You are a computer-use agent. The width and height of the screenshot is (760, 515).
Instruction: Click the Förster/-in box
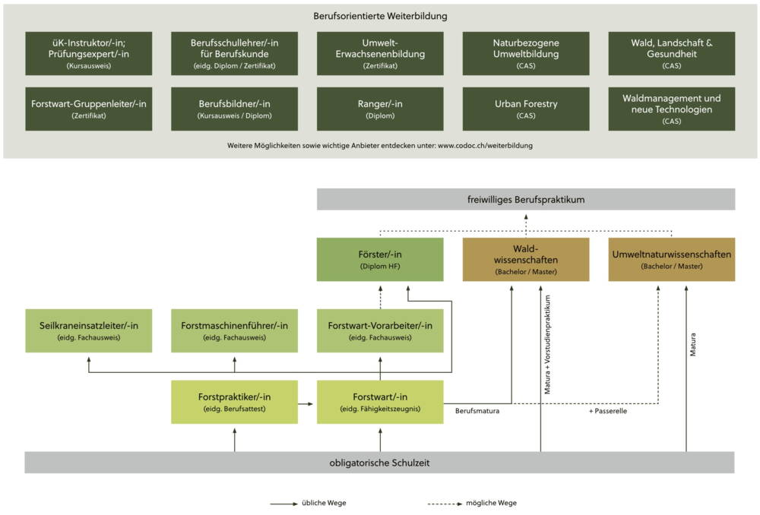pyautogui.click(x=380, y=260)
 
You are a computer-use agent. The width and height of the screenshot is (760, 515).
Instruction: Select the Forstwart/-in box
pyautogui.click(x=380, y=403)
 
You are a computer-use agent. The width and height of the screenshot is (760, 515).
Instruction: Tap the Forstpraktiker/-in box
pyautogui.click(x=234, y=403)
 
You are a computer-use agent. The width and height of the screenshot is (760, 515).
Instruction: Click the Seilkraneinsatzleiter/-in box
pyautogui.click(x=88, y=331)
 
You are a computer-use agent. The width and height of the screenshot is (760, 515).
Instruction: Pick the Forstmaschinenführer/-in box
pyautogui.click(x=234, y=331)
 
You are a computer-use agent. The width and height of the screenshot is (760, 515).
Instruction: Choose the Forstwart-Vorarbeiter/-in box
pyautogui.click(x=380, y=331)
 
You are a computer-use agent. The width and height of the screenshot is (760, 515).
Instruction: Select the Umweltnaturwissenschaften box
pyautogui.click(x=672, y=260)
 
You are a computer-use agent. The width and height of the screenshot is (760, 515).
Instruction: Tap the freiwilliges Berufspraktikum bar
pyautogui.click(x=526, y=200)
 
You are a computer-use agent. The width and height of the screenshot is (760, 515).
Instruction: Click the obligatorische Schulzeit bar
pyautogui.click(x=380, y=463)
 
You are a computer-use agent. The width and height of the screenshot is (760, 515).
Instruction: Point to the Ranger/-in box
pyautogui.click(x=380, y=109)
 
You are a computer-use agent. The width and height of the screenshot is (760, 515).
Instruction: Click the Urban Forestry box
pyautogui.click(x=526, y=109)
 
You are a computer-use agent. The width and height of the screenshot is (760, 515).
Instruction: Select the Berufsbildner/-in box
pyautogui.click(x=234, y=109)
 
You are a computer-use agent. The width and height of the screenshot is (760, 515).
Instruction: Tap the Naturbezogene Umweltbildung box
pyautogui.click(x=526, y=53)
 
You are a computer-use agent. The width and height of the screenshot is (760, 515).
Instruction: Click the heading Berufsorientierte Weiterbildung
pyautogui.click(x=380, y=16)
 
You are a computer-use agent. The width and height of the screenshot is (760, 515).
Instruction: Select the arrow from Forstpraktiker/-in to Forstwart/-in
pyautogui.click(x=307, y=403)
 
